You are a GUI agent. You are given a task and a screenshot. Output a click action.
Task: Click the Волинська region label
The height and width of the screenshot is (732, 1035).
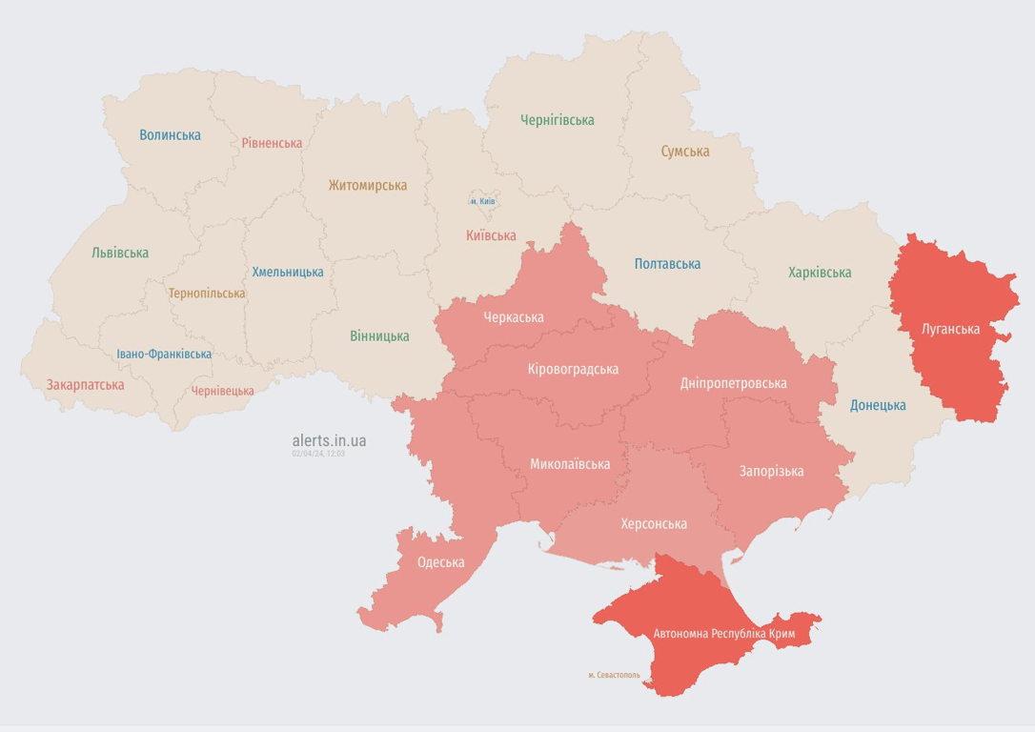pos(170,135)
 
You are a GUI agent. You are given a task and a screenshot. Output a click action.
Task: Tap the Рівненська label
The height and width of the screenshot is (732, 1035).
pos(272,143)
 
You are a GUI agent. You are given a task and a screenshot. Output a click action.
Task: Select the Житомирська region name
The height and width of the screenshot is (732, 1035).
pos(368,186)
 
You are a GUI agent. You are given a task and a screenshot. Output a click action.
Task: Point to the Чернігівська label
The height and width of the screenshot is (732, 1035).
pos(557,120)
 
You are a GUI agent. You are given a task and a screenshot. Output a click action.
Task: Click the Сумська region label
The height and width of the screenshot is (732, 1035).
pos(684,152)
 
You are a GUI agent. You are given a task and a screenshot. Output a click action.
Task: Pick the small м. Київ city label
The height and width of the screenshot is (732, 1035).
pos(482,201)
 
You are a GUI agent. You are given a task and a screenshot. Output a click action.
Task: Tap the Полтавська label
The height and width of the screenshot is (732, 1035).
pos(667,264)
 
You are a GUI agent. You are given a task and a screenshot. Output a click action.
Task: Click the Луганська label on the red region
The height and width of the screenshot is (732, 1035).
pos(950,330)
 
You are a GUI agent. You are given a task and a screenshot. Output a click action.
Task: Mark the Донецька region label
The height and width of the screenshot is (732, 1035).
pos(877,405)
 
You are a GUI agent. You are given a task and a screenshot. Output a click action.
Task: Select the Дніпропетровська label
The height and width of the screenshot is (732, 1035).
pos(733,383)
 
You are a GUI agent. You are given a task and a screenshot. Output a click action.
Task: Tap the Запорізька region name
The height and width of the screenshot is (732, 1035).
pos(771,471)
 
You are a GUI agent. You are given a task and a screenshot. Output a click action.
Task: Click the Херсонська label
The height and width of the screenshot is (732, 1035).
pos(653,524)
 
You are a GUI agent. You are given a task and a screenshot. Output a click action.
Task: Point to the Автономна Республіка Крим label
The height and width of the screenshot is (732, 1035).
pos(724,634)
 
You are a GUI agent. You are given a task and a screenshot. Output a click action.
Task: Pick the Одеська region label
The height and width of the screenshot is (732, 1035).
pos(440,562)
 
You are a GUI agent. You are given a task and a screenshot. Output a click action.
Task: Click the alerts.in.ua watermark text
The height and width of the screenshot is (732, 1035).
pos(329,440)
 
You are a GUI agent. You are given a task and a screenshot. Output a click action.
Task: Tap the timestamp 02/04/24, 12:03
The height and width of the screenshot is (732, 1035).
pos(318,454)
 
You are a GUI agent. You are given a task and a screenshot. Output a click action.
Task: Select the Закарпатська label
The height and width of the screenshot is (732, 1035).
pos(85,385)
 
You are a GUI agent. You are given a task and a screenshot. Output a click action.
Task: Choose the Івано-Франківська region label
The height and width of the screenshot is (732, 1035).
pos(164,354)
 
